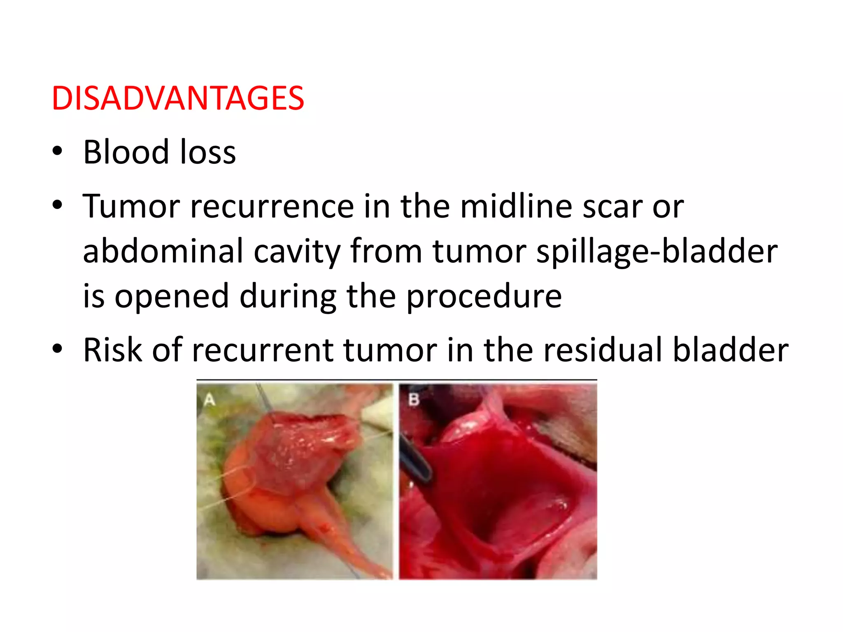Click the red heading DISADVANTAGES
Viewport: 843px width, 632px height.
click(177, 98)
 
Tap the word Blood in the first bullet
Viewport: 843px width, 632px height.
click(126, 152)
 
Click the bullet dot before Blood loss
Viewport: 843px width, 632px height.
click(57, 151)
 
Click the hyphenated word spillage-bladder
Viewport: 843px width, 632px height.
click(657, 252)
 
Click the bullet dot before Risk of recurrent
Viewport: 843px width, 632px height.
click(57, 349)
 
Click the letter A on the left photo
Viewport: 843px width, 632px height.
click(210, 400)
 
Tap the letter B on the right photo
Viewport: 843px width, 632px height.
click(413, 399)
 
